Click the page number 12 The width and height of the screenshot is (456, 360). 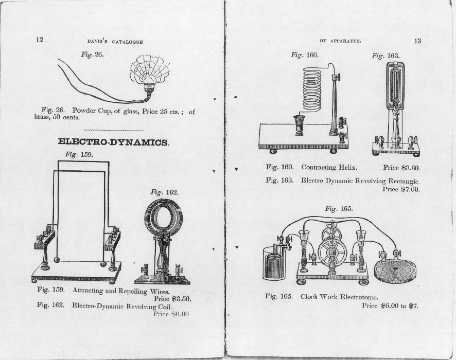39,40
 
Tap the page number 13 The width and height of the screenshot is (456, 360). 417,41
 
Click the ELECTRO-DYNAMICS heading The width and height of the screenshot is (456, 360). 113,142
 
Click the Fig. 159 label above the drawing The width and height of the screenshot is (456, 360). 79,154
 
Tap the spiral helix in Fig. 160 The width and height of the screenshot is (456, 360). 312,89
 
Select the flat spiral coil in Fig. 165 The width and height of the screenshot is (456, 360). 396,271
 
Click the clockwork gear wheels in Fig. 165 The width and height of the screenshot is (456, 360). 332,247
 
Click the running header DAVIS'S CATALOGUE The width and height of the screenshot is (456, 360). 112,42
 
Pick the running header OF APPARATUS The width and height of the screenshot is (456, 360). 340,41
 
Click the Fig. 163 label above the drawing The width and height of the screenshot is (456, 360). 385,56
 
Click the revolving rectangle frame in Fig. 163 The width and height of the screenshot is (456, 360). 396,85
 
